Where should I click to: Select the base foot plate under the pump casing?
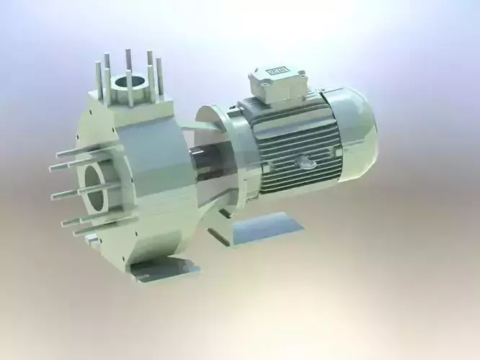(x=162, y=269)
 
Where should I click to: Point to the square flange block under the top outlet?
(x=130, y=101)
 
